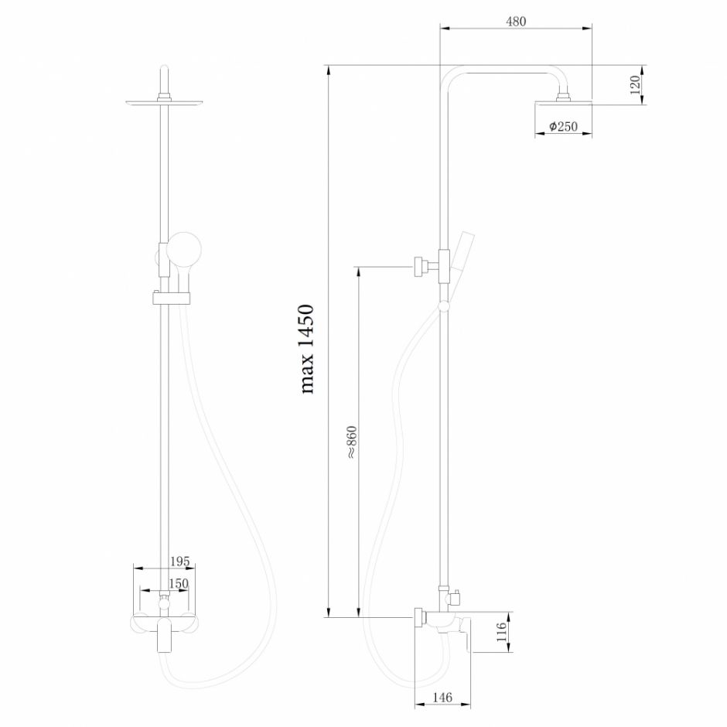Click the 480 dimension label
516,22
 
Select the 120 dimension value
635,84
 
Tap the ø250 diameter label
564,127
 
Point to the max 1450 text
307,349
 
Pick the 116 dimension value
501,633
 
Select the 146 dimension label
442,698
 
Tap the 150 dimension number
179,584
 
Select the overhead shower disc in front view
164,102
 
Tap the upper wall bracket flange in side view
418,266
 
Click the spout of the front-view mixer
164,637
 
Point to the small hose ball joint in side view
442,306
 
